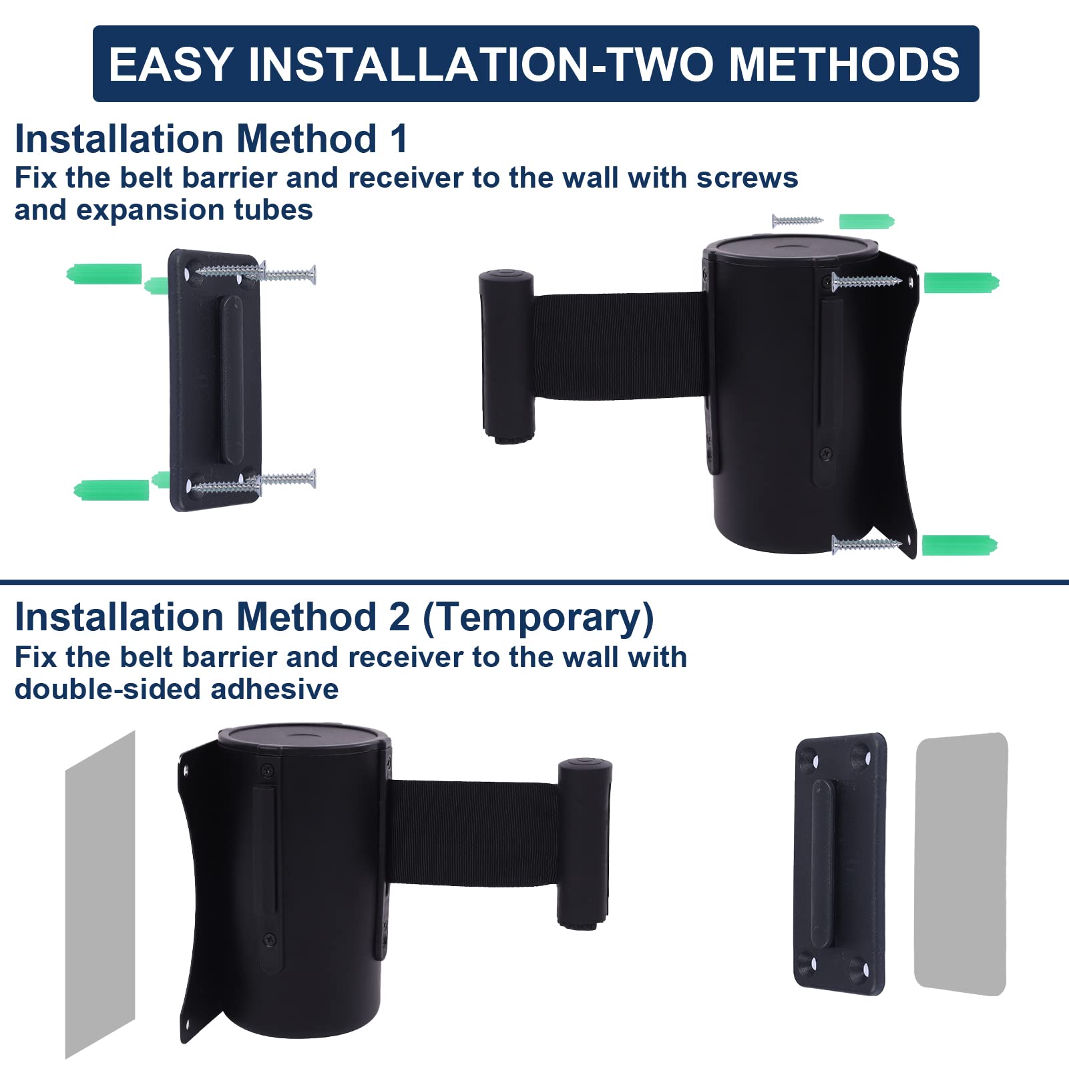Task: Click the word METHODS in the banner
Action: click(844, 64)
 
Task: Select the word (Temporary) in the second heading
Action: click(538, 618)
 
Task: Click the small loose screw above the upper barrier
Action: click(797, 220)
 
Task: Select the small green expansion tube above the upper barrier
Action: click(866, 221)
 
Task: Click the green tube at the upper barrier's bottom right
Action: click(959, 545)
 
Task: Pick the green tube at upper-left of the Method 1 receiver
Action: click(104, 274)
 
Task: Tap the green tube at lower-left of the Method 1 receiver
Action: click(111, 490)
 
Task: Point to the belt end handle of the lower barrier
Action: click(584, 843)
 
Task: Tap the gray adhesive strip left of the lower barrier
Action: click(100, 895)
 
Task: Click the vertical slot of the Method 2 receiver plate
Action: click(823, 865)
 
